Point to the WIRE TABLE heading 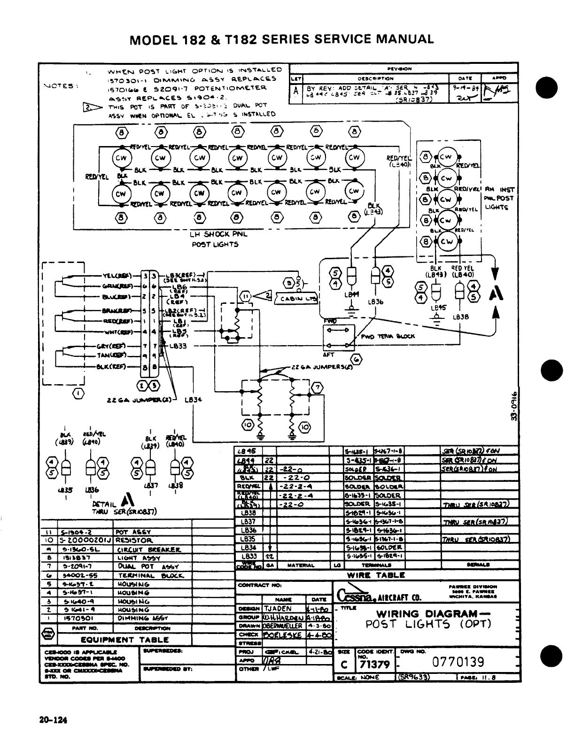point(376,575)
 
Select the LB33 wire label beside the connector point(179,346)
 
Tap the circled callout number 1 point(78,393)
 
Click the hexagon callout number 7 point(318,387)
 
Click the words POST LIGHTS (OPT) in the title point(428,624)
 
